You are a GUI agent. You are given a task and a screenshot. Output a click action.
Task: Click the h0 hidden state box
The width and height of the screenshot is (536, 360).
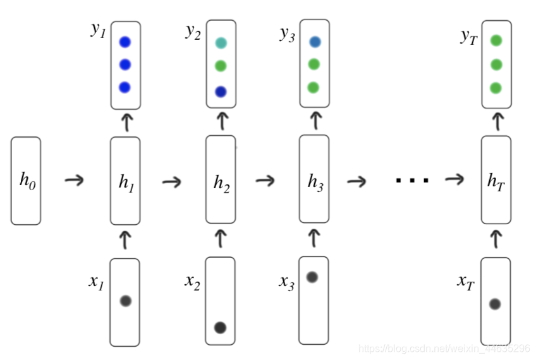click(x=26, y=181)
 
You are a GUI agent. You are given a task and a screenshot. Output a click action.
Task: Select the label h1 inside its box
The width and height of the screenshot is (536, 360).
click(x=125, y=182)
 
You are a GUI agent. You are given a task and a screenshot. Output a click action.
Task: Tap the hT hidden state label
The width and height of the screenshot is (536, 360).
click(x=496, y=181)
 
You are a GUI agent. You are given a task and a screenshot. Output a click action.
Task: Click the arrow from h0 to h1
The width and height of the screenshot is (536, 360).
click(x=75, y=181)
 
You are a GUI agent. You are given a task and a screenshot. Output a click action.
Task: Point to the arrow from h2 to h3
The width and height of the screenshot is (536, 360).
click(x=265, y=181)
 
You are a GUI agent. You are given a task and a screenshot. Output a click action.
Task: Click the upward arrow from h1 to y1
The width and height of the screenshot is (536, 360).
click(x=126, y=122)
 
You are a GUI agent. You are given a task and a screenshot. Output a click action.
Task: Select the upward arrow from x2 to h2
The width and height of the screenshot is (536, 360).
click(x=221, y=239)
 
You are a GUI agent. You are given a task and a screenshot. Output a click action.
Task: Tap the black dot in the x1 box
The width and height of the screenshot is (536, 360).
click(x=125, y=301)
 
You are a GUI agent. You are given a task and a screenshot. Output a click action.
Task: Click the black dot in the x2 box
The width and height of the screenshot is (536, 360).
click(x=220, y=327)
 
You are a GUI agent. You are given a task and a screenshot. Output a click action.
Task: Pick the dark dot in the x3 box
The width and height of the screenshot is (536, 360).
click(x=312, y=277)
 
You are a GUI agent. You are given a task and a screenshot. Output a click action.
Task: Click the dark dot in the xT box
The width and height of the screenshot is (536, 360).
click(x=495, y=304)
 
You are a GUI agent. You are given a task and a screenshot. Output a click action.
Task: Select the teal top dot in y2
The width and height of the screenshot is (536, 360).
click(x=221, y=43)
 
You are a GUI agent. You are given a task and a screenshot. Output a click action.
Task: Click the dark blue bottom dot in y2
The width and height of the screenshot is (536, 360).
click(x=221, y=92)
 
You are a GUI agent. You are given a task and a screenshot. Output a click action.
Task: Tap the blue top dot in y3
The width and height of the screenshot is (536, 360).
click(x=315, y=42)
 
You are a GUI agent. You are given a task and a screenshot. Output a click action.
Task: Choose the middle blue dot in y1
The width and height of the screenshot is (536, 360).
click(x=125, y=64)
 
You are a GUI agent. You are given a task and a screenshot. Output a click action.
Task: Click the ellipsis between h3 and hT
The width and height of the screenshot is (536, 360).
click(x=412, y=181)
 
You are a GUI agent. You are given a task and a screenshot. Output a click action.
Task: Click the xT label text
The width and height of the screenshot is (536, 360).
click(x=466, y=282)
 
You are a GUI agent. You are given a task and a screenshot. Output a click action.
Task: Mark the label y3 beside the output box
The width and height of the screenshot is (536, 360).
click(x=288, y=34)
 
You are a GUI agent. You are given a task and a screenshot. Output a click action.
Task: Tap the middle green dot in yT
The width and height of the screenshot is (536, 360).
click(x=496, y=64)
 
